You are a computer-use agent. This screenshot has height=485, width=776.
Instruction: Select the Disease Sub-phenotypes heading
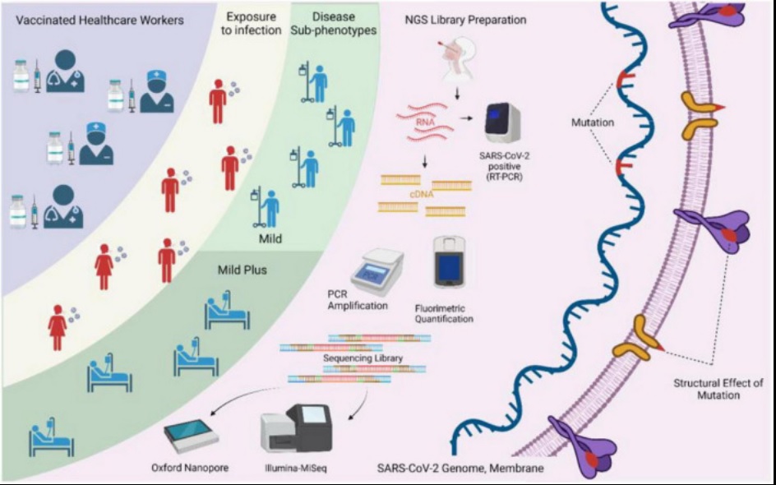point(340,23)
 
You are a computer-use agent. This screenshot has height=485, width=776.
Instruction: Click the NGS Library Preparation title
point(464,21)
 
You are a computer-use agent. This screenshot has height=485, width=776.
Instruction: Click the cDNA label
point(422,195)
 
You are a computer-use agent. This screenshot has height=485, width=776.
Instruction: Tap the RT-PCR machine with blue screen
point(501,124)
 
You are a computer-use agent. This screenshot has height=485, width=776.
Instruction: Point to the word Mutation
point(593,122)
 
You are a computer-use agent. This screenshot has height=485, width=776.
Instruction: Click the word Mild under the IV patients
point(270,238)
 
